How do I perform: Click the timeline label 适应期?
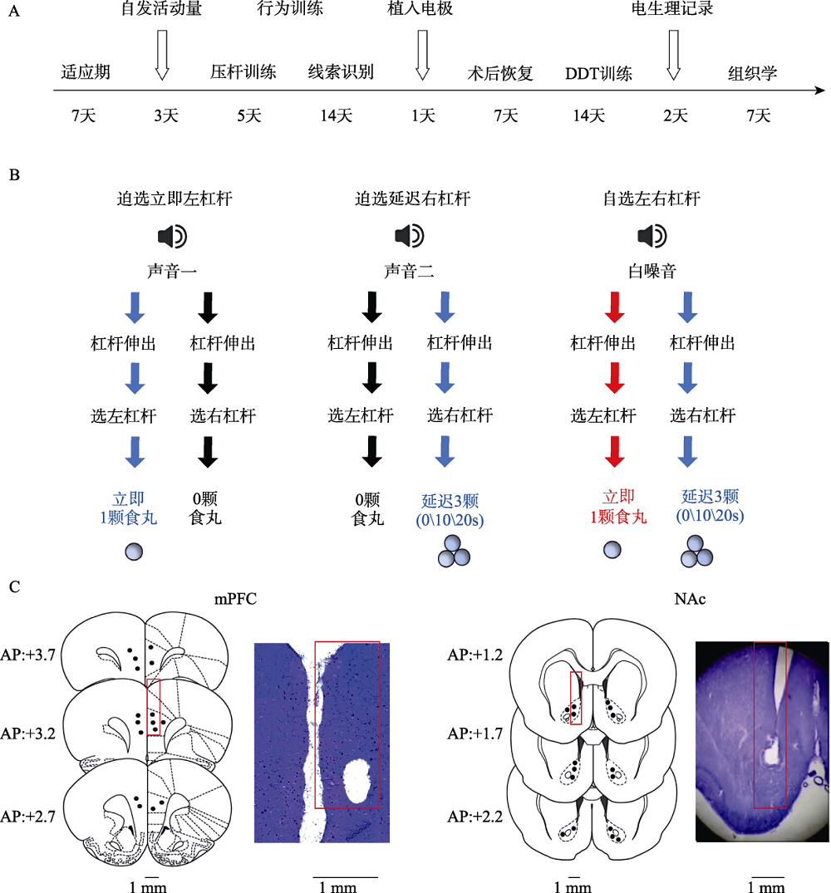(86, 73)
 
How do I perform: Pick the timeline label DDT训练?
(598, 73)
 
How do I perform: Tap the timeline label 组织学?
(752, 73)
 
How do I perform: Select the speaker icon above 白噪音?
(652, 238)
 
